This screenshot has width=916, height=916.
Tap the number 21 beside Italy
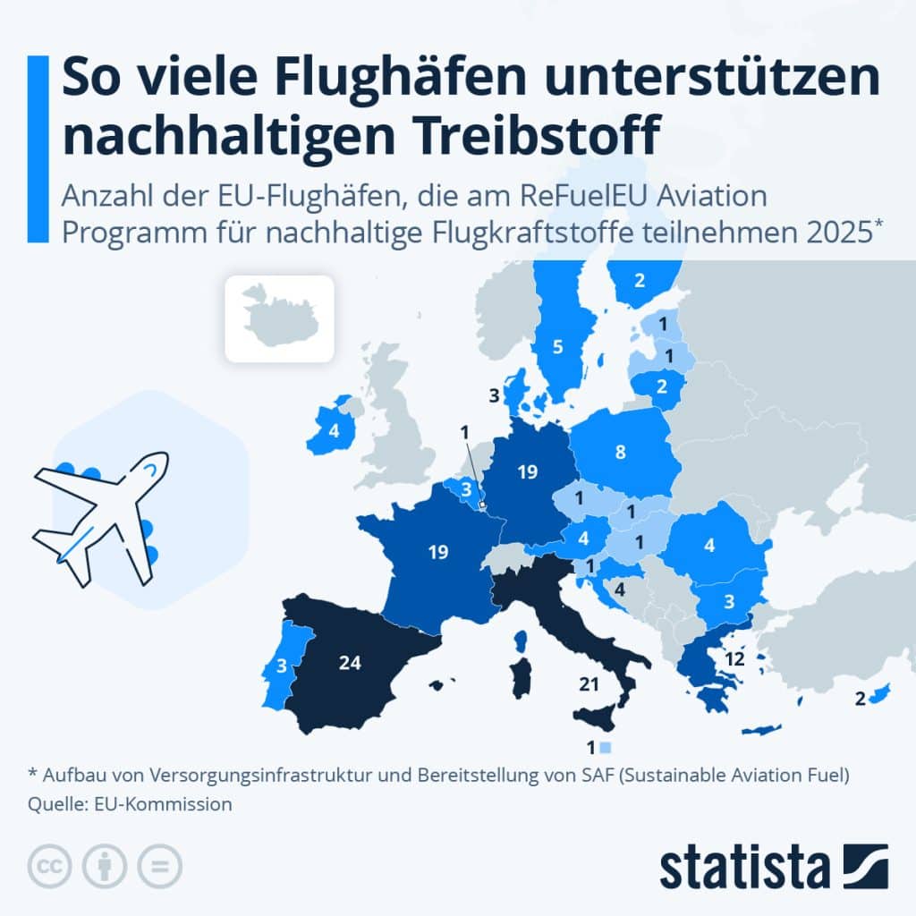pyautogui.click(x=588, y=684)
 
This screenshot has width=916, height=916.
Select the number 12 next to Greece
pyautogui.click(x=735, y=659)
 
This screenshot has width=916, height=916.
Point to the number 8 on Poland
pyautogui.click(x=620, y=453)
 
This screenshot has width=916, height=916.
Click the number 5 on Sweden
pyautogui.click(x=557, y=347)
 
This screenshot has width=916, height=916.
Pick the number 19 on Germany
pyautogui.click(x=528, y=471)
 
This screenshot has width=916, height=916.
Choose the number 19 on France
pyautogui.click(x=438, y=552)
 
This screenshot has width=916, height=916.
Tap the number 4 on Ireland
pyautogui.click(x=334, y=430)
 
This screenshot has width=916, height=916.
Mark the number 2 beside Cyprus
pyautogui.click(x=860, y=700)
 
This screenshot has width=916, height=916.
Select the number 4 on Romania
pyautogui.click(x=708, y=544)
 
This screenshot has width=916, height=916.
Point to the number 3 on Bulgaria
pyautogui.click(x=729, y=600)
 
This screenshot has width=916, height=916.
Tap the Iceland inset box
pyautogui.click(x=279, y=318)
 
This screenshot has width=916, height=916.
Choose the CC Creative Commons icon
pyautogui.click(x=50, y=866)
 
